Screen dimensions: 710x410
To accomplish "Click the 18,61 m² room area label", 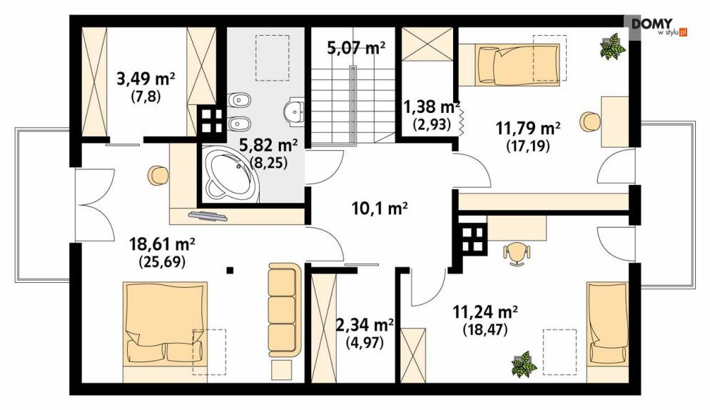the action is [x=162, y=245].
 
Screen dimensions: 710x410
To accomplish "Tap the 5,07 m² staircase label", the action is [x=356, y=47].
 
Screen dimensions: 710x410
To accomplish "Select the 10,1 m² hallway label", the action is [x=380, y=209].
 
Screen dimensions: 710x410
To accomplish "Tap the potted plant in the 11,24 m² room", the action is [x=524, y=364].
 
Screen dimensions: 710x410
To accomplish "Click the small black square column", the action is [x=230, y=271].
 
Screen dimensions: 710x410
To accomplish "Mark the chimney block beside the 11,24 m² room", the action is [x=473, y=239].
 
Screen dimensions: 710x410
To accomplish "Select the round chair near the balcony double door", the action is [x=158, y=176].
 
